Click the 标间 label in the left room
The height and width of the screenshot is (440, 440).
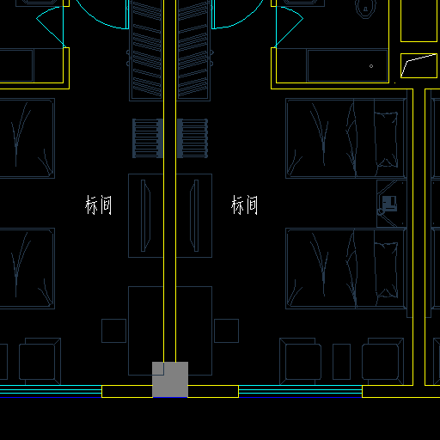[98, 205]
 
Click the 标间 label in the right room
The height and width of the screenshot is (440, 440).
[244, 205]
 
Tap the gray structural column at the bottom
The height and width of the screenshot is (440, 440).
[170, 380]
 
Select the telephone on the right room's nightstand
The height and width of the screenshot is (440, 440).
[389, 204]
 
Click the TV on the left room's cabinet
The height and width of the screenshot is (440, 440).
[145, 216]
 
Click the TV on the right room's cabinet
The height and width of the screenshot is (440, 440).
[194, 216]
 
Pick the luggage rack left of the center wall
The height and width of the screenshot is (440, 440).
[148, 138]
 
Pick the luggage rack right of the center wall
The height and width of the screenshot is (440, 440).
[192, 138]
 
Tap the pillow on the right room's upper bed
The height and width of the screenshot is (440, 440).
[386, 139]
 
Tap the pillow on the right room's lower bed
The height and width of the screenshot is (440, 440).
[386, 270]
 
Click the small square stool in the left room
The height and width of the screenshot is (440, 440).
[113, 331]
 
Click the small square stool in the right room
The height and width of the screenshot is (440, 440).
[226, 331]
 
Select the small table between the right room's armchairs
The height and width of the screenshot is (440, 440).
[341, 362]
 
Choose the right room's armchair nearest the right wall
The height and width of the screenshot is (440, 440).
[383, 362]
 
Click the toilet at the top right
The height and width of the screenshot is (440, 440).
[365, 9]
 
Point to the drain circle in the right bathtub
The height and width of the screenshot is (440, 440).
[371, 66]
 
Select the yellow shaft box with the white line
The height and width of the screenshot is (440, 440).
[419, 65]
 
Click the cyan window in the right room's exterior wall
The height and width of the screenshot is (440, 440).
[300, 391]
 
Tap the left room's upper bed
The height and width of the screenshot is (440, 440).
[27, 138]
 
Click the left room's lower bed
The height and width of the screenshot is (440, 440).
[27, 268]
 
